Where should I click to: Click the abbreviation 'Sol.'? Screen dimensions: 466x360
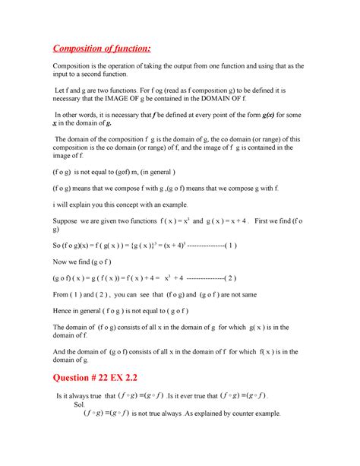coord(79,405)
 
